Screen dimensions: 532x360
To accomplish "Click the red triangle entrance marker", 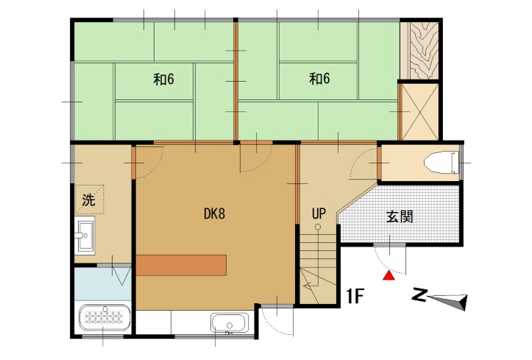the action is point(389,275).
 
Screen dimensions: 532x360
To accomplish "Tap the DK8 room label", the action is point(214,214).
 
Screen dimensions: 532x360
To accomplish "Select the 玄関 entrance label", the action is point(400,216).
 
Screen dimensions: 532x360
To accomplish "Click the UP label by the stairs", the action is point(319,213).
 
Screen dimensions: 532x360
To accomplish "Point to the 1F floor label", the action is point(355,296).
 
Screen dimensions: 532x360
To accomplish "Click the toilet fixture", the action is point(441,163).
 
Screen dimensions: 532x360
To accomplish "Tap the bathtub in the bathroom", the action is point(104,317).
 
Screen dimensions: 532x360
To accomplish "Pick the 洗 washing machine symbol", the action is point(89,200).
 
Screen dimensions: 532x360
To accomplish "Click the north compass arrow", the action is point(447,301).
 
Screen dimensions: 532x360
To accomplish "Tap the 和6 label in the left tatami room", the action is point(163,80).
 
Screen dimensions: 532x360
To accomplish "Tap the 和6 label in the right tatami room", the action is point(319,79).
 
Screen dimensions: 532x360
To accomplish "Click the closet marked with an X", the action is point(419,112).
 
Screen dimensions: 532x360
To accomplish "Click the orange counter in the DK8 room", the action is point(181,265).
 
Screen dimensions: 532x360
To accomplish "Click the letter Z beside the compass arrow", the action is point(419,295).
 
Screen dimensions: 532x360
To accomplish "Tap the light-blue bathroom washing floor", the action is point(103,284).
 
